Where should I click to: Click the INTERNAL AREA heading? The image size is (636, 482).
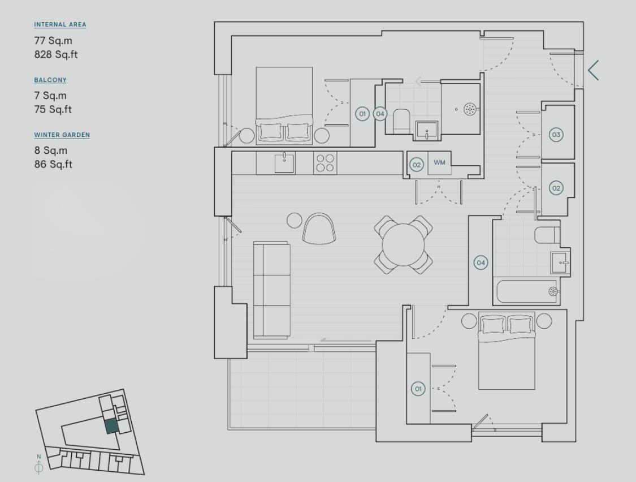tap(60, 25)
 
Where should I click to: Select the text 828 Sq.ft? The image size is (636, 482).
tap(53, 55)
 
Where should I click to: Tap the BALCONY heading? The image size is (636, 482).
tap(50, 80)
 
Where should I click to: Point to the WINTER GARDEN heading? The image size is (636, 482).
tap(62, 135)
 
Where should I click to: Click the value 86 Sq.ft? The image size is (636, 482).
tap(53, 165)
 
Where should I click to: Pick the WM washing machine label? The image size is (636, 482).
tap(439, 163)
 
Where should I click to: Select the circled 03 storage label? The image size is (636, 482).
tap(556, 135)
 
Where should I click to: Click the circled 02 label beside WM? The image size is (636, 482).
tap(416, 165)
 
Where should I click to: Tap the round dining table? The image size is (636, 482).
tap(404, 244)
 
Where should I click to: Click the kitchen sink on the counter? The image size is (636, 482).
tap(284, 163)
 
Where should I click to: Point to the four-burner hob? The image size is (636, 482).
tap(325, 163)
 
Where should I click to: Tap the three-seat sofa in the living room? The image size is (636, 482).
tap(271, 290)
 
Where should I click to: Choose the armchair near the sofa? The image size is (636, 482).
tap(319, 229)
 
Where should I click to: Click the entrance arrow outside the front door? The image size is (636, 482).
tap(593, 70)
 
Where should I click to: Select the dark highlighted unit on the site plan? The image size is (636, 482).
tap(111, 426)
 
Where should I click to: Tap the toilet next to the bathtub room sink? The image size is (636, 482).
tap(546, 235)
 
